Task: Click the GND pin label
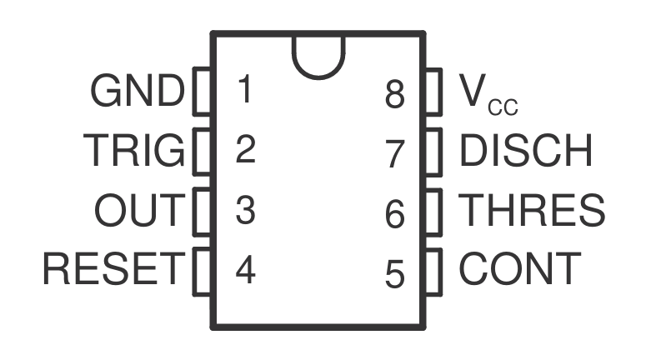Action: pos(137,92)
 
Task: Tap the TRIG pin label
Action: pos(133,151)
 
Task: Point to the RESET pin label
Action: pos(112,269)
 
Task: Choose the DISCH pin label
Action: pos(526,151)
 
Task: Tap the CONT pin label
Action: pos(520,269)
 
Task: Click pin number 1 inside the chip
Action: pos(244,90)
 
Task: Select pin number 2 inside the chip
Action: pos(244,151)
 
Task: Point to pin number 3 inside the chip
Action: pos(244,210)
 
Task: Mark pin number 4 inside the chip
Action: pos(244,270)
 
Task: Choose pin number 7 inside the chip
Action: pos(395,154)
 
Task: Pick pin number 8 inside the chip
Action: pos(395,94)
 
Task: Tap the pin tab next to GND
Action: pos(202,92)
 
